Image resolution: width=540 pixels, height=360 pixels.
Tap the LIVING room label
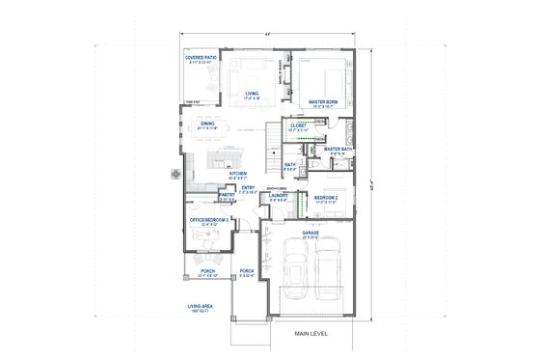[253, 94]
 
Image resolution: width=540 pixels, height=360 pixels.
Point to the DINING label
[207, 124]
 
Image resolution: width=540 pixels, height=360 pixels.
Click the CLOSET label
[298, 125]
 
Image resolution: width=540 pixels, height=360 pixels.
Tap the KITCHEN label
[238, 175]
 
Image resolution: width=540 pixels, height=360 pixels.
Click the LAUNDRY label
[279, 197]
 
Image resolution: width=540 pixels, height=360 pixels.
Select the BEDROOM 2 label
[324, 197]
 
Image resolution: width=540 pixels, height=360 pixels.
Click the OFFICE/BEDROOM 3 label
[207, 220]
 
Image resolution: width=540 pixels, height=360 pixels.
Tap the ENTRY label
[248, 188]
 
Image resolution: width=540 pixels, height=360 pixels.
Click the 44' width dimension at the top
[268, 35]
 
